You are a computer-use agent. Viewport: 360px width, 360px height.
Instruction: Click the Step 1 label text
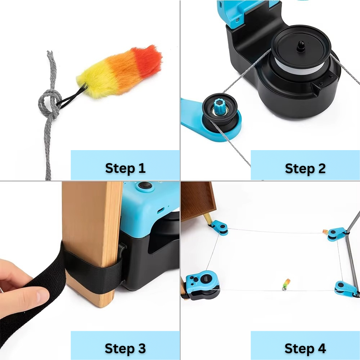point(125,168)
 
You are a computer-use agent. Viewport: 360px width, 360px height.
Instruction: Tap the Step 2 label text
point(305,168)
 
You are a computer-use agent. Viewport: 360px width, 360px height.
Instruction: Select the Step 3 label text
point(125,348)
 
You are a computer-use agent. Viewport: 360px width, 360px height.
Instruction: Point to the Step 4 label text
point(305,348)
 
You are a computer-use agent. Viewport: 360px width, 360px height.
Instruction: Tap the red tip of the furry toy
point(151,58)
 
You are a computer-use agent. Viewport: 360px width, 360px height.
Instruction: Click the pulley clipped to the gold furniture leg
point(219,227)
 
